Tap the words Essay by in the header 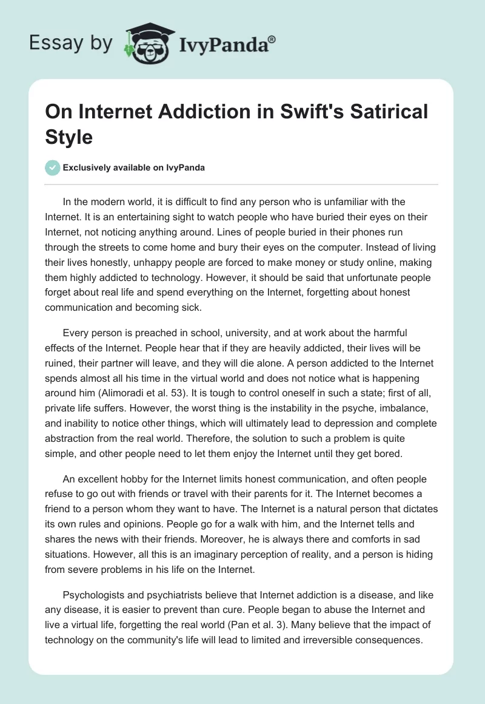click(x=70, y=43)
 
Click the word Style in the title click(x=70, y=137)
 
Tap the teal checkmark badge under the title click(x=53, y=168)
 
